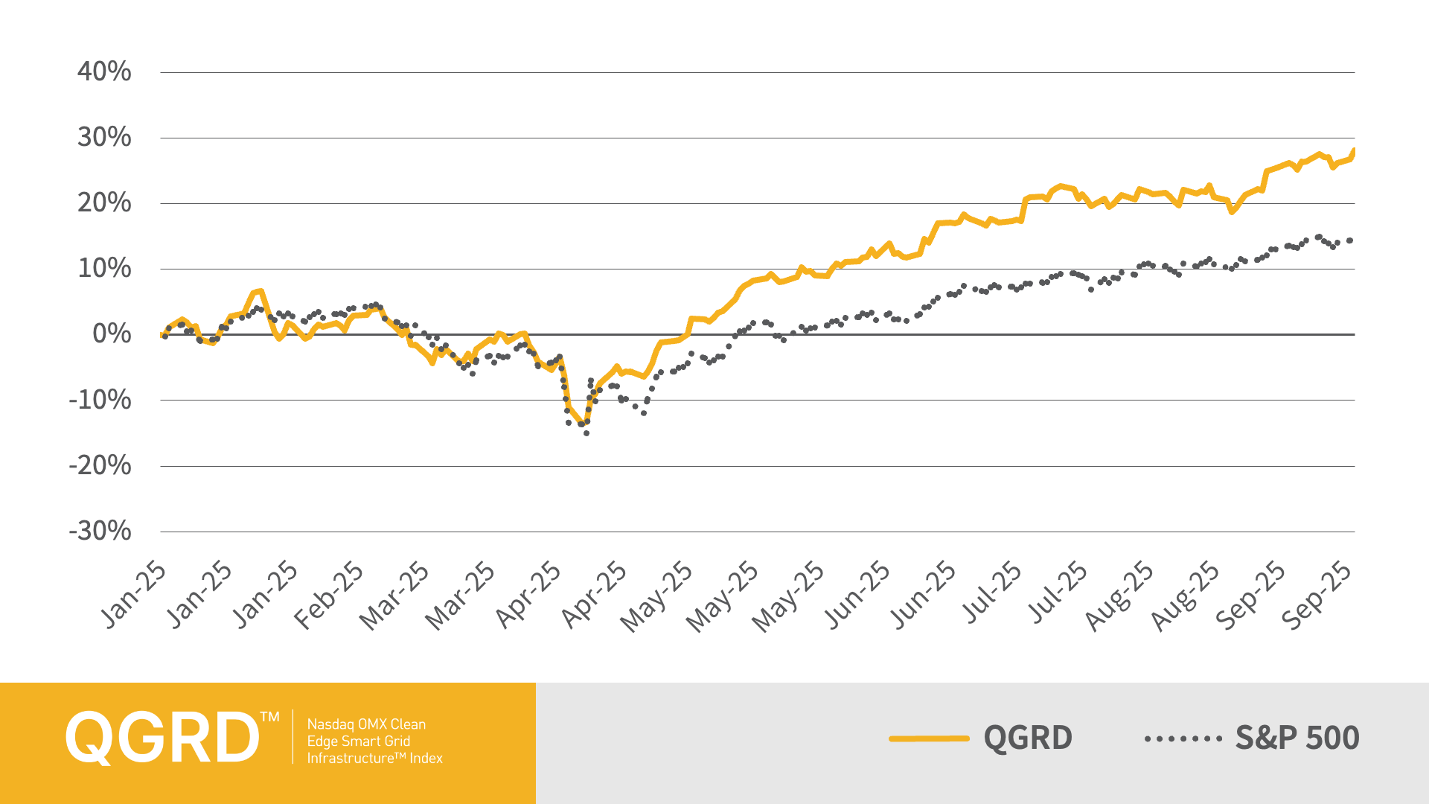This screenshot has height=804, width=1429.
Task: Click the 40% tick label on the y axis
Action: click(104, 72)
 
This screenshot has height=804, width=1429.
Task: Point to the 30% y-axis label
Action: click(104, 138)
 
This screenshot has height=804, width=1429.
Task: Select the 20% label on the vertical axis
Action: click(104, 203)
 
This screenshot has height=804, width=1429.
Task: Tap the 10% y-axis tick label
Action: click(104, 269)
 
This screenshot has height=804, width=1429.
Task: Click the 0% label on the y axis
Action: click(112, 334)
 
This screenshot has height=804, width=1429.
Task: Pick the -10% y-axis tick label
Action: click(100, 401)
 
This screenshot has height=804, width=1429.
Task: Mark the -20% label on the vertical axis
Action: click(100, 466)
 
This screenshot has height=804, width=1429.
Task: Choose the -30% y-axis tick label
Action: click(100, 532)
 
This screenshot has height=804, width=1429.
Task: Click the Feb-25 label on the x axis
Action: click(329, 596)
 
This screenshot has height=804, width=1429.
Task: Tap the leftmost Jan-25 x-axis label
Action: click(133, 596)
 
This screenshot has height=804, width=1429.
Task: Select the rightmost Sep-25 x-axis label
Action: click(1317, 596)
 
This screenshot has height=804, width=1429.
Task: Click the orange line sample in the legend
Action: click(929, 738)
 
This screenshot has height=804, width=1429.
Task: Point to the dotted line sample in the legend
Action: click(1183, 738)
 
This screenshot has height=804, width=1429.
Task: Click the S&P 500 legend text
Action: click(1297, 738)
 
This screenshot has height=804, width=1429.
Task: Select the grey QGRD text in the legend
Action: click(1028, 738)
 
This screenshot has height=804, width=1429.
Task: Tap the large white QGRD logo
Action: click(162, 737)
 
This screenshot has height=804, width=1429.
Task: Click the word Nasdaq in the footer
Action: click(330, 724)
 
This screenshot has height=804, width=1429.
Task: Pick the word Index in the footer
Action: click(426, 759)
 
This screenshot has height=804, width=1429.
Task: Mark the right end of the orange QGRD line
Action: click(1353, 151)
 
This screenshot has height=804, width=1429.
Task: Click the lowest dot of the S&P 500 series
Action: click(586, 433)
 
